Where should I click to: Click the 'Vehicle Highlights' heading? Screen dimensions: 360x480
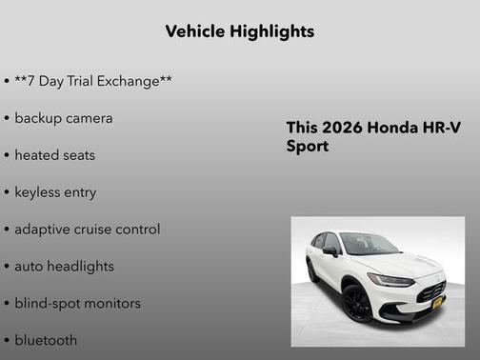pos(239,31)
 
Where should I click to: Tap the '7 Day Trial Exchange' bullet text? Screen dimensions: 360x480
pos(92,81)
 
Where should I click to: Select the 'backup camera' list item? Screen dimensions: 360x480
pos(63,118)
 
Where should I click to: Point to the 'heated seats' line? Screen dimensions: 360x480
pos(54,154)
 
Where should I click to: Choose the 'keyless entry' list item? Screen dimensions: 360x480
pos(55,191)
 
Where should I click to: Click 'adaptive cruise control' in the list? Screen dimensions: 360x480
pos(87,229)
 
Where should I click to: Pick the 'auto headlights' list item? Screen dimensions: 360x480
pos(64,266)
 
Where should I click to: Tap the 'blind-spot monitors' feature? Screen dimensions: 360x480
pos(77,303)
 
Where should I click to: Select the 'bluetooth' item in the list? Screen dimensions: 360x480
pos(46,340)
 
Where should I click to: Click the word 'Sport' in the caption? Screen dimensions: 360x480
pos(308,147)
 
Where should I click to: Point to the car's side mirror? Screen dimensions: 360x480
pos(330,252)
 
